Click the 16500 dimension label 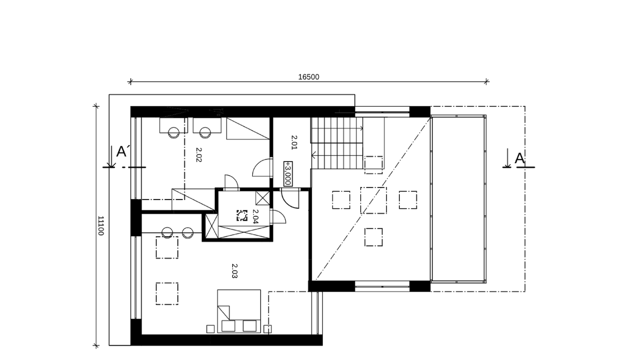click(309, 77)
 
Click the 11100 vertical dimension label click(101, 226)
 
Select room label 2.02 click(199, 155)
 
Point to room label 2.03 click(234, 271)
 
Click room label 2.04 click(255, 217)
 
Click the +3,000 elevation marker click(288, 173)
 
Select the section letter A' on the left click(123, 151)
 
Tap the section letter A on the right click(519, 158)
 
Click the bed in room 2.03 click(239, 311)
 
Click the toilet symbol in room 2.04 click(242, 215)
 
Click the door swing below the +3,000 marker click(290, 199)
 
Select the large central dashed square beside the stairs click(374, 201)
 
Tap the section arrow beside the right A click(507, 158)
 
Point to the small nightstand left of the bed click(210, 329)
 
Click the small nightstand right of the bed click(268, 329)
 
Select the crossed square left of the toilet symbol click(212, 226)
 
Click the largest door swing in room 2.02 click(261, 168)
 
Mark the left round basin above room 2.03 click(168, 233)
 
